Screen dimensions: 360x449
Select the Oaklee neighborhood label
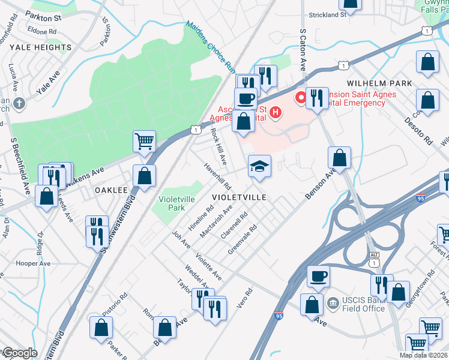tap(111, 190)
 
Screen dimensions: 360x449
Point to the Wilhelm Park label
tap(379, 83)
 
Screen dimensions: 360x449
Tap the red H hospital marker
tap(276, 112)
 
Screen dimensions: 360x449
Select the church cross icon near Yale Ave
tap(19, 103)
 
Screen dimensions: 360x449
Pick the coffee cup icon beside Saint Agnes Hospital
tap(245, 98)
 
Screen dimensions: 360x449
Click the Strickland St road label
tap(328, 14)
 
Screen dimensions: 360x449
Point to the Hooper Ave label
tap(34, 263)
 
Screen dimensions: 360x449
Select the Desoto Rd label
tap(424, 131)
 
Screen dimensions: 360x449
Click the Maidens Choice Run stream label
tap(209, 47)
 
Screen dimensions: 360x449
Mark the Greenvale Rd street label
tap(243, 239)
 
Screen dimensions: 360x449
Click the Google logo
tap(19, 353)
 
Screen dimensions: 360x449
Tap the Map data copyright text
tap(423, 355)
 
